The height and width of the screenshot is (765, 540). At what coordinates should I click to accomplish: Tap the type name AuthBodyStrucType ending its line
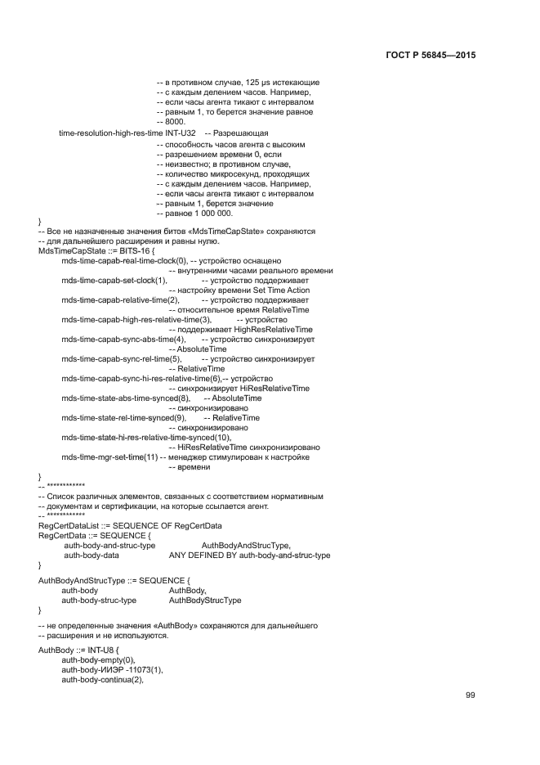click(204, 600)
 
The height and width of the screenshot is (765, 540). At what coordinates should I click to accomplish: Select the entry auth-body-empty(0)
click(98, 659)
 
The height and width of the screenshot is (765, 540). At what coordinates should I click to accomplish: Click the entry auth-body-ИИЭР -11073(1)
click(112, 669)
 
